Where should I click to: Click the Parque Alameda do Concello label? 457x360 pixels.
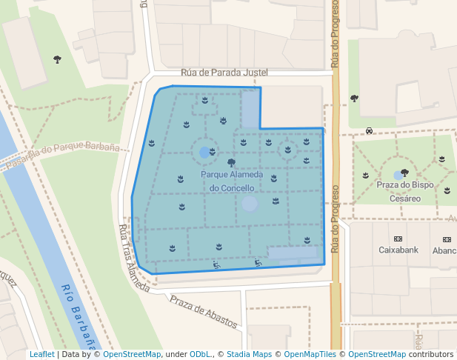point(231,181)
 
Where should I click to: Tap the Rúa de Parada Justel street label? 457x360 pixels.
point(224,73)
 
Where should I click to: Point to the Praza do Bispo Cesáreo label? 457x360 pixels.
point(405,192)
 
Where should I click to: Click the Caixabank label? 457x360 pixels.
point(398,250)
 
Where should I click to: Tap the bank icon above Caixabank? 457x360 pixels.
point(398,239)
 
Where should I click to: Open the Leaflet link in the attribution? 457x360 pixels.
point(42,355)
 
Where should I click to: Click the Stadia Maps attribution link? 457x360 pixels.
point(249,355)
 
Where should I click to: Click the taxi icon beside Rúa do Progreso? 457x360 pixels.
point(369,131)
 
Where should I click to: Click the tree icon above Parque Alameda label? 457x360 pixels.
point(232,161)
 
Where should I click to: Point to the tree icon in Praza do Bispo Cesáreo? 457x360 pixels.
point(404,173)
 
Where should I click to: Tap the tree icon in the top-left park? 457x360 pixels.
point(58,59)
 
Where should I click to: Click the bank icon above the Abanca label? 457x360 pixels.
point(447,239)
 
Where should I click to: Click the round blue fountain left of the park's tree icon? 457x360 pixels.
point(204,153)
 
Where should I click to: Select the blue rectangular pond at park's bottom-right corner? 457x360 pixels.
point(292,253)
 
